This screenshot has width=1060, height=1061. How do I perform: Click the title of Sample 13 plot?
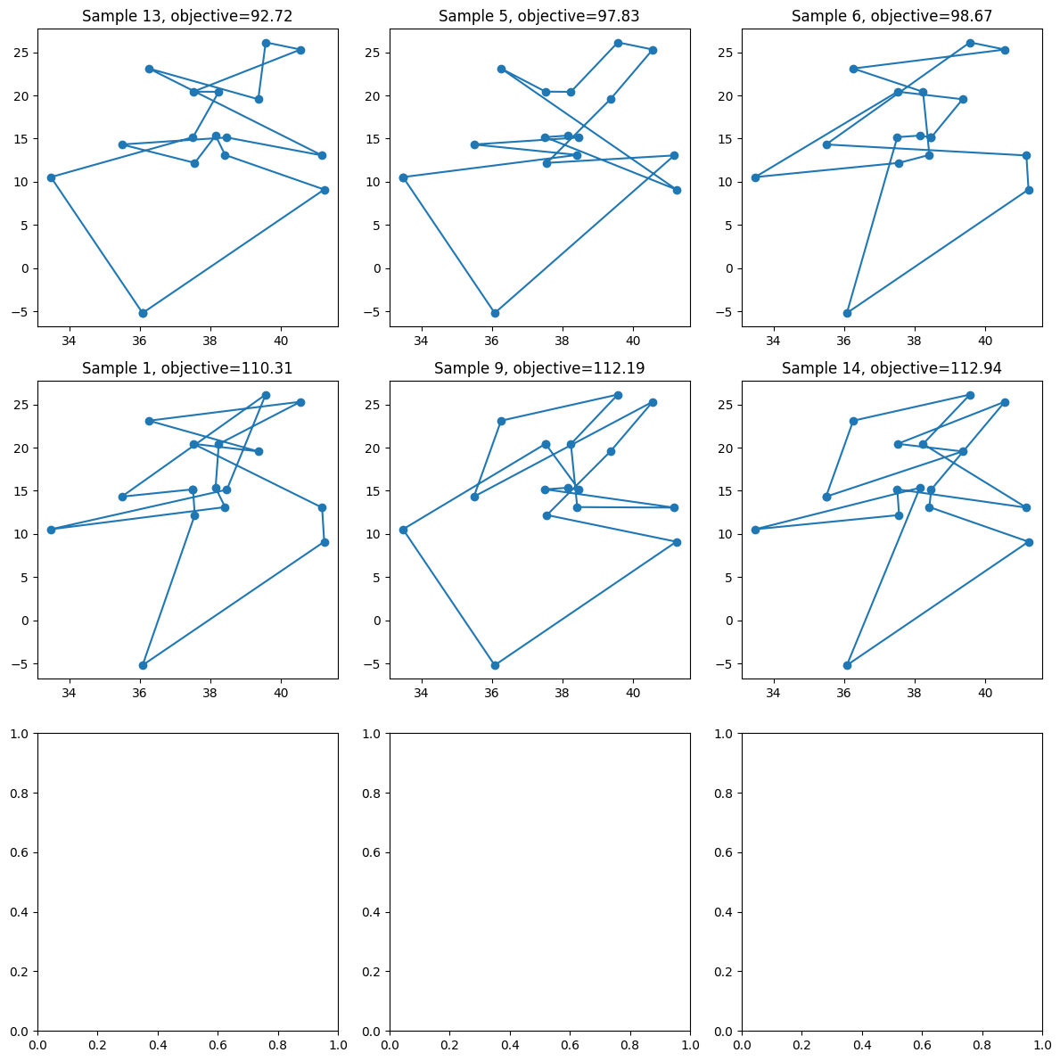(x=187, y=16)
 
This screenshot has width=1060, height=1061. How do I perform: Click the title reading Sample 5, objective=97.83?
(x=538, y=16)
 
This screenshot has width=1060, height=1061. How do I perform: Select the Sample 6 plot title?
(x=892, y=16)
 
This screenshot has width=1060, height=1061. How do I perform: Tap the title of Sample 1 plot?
(x=187, y=368)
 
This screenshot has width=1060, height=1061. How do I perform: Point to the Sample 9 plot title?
(x=538, y=368)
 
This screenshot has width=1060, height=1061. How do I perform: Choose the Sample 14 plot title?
(x=892, y=368)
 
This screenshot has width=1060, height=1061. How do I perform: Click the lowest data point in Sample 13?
(x=143, y=313)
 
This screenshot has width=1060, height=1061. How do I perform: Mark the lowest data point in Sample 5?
(x=495, y=313)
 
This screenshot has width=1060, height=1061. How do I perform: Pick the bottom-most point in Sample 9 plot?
(x=495, y=665)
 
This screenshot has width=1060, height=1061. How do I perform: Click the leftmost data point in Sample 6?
(x=755, y=177)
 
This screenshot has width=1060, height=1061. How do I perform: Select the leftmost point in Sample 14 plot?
(x=755, y=530)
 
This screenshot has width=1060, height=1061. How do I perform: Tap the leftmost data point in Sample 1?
(x=51, y=530)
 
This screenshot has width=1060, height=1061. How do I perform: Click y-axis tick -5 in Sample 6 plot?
(x=725, y=312)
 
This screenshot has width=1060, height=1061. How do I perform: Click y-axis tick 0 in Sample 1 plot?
(x=26, y=621)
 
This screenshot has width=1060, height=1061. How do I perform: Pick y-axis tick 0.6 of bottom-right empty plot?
(x=724, y=852)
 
